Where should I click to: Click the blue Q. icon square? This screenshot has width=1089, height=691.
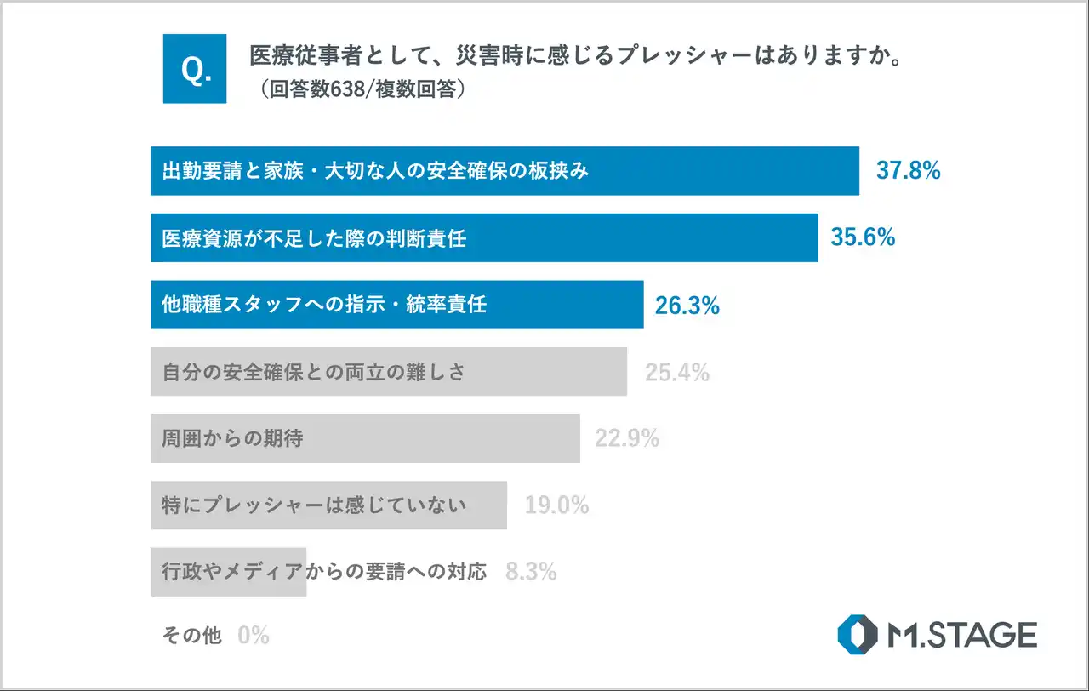click(195, 69)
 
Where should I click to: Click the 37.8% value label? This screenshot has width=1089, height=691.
click(908, 171)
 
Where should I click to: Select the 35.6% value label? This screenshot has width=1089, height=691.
click(863, 237)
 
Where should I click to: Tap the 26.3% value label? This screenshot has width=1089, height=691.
click(687, 306)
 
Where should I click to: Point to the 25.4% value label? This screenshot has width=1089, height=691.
click(676, 372)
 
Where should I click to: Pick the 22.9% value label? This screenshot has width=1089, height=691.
click(627, 439)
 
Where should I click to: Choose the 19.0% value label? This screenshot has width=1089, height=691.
click(556, 505)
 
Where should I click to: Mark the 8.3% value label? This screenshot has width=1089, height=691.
click(531, 572)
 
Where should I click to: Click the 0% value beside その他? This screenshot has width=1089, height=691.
click(254, 635)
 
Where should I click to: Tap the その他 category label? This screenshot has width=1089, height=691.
click(191, 635)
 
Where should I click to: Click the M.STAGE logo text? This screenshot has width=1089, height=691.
click(961, 635)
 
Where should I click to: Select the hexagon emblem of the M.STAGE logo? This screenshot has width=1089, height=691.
click(856, 635)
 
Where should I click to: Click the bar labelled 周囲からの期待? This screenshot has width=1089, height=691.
click(365, 439)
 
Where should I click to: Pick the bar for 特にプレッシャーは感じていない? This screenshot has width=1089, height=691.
click(328, 505)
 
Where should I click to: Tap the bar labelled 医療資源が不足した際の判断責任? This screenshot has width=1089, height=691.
click(484, 237)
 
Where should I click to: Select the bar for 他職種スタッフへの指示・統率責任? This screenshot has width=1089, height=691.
click(396, 305)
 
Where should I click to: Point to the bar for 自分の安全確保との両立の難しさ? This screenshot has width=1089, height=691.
click(389, 372)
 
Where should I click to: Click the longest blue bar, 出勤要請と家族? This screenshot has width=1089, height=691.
click(505, 171)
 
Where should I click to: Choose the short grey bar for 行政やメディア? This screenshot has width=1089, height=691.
click(228, 572)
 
